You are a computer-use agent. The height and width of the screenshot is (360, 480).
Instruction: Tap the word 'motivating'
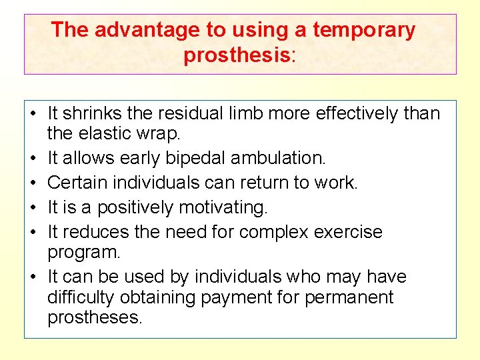221,208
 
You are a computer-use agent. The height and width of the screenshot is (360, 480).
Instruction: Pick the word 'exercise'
350,232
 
